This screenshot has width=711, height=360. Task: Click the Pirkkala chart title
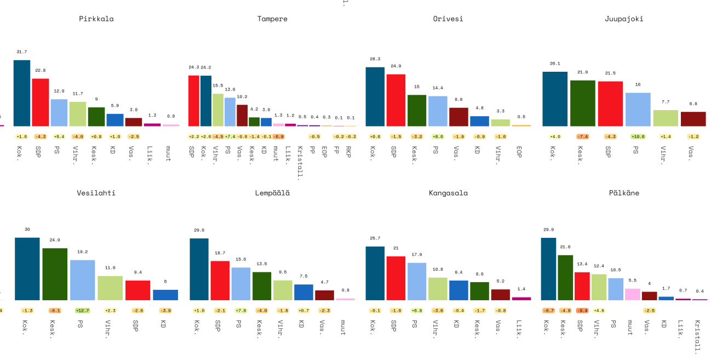pos(96,19)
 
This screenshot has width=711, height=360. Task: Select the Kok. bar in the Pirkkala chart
pos(22,93)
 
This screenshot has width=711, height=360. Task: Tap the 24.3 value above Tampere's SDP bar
pos(194,67)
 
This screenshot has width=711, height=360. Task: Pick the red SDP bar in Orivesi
pos(396,100)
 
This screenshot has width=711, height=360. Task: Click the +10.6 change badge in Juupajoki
pos(638,136)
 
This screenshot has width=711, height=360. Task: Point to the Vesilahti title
pos(96,193)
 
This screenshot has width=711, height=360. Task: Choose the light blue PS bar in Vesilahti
pos(83,280)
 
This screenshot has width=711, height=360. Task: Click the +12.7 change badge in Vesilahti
pos(83,311)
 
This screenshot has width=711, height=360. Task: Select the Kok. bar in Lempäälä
pos(199,269)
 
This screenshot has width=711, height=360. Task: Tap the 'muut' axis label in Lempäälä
pos(343,327)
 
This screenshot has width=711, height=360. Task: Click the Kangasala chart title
pos(448,193)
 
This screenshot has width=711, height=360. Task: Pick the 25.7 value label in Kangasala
pos(375,238)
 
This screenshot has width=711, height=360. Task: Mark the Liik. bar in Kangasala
pos(521,299)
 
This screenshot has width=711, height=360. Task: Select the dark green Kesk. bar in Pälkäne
pos(565,277)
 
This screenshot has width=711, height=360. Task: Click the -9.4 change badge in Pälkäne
pos(582,311)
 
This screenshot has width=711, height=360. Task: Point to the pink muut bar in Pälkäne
pos(633,294)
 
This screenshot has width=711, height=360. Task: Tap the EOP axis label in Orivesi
pos(519,151)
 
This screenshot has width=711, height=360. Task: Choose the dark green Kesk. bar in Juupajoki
pos(583,103)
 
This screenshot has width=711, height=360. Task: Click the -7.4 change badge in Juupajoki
pos(583,136)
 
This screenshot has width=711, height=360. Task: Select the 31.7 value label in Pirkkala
pos(22,52)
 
